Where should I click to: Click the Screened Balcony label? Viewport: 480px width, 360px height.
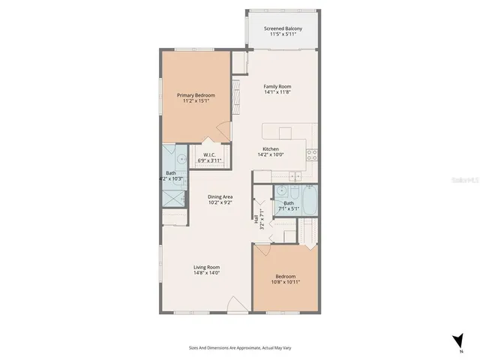(x=283, y=29)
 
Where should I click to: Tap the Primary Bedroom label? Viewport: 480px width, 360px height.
(x=196, y=95)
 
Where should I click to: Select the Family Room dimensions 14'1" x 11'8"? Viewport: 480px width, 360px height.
(x=277, y=92)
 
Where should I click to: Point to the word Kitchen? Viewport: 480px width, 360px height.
(x=271, y=148)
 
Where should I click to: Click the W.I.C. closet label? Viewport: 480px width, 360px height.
(x=209, y=155)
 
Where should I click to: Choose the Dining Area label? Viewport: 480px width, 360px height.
(x=220, y=196)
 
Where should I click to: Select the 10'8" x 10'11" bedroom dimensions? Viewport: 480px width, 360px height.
(x=285, y=281)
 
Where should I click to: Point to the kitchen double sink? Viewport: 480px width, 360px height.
(x=296, y=177)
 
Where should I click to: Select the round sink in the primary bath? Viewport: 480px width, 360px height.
(x=180, y=159)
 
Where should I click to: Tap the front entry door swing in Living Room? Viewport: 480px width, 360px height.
(x=237, y=304)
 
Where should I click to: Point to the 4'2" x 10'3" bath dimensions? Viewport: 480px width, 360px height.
(x=171, y=178)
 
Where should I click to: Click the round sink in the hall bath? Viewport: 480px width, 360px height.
(x=279, y=190)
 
